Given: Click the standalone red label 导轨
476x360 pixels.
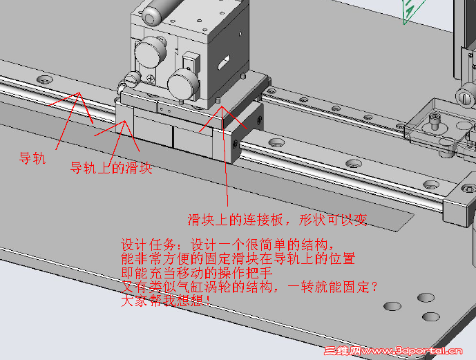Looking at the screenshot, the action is coord(32,158).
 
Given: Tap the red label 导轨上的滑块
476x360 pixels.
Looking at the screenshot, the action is coord(111,167).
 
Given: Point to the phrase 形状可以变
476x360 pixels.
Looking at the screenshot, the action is coord(333,220).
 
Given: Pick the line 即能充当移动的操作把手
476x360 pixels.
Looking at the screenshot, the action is coord(197,273).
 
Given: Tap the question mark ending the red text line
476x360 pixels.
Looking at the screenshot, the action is coord(374,287).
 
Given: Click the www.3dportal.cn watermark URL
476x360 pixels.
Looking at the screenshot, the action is coord(412,351).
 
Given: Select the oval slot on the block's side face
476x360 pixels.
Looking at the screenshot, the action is coord(224,61).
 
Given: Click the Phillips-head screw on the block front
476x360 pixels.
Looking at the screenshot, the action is coord(151,77).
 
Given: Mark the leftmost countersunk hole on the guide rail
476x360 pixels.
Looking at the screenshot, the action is coord(45,80).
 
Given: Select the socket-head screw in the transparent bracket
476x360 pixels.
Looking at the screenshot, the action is coord(435,120).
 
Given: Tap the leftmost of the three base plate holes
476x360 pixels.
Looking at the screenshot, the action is coord(392,306).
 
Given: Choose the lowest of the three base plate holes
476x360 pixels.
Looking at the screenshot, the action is coord(431,316).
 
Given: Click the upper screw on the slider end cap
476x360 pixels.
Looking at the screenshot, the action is coord(259,120).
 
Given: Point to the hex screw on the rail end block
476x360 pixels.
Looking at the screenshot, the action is coord(469,189).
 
